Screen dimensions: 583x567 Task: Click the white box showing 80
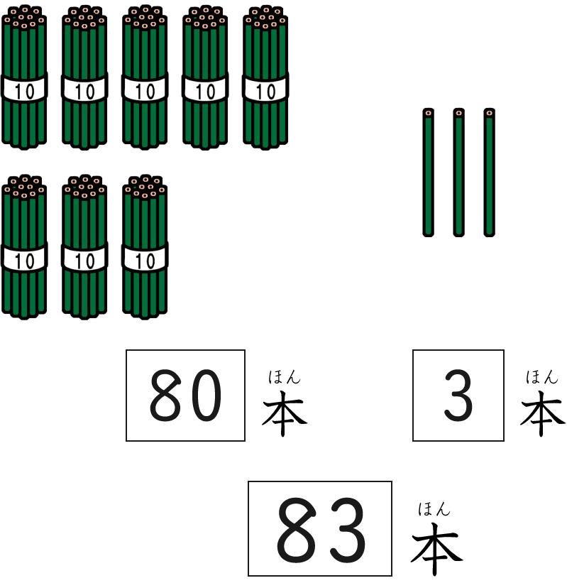[185, 396]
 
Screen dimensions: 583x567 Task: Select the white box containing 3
[458, 396]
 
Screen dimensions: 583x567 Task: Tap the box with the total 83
[320, 528]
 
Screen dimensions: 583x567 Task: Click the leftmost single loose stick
[428, 173]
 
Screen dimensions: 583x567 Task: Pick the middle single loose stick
[458, 173]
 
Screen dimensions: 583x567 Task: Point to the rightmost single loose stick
[489, 173]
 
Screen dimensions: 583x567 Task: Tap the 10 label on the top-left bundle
[24, 91]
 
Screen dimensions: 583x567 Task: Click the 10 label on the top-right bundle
[265, 91]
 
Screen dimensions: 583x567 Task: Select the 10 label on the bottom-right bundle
[145, 261]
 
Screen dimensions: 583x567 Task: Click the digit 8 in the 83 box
[297, 528]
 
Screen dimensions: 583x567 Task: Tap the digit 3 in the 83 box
[345, 528]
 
